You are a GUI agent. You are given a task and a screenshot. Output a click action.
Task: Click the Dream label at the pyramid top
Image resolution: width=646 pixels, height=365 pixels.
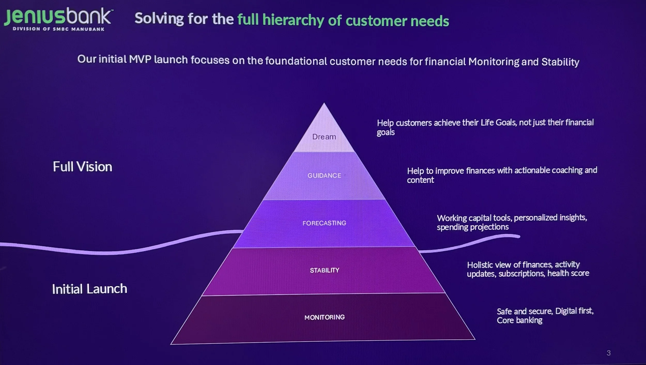(x=324, y=137)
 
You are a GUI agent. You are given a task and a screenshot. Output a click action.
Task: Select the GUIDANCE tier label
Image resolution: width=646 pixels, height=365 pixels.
(x=324, y=176)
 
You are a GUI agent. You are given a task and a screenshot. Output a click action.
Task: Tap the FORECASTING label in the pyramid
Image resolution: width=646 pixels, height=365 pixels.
(x=324, y=223)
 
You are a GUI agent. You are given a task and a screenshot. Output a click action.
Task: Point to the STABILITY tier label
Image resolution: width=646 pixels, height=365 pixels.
(x=325, y=270)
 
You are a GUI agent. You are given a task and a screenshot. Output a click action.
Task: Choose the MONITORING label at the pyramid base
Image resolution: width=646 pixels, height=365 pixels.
(x=325, y=317)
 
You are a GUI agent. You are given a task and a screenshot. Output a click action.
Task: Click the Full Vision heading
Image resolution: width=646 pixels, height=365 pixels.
(x=82, y=167)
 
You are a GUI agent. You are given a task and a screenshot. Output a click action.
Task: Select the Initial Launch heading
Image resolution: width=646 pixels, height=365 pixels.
(x=89, y=289)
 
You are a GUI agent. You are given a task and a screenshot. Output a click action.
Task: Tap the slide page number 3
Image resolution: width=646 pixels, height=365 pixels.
(x=609, y=353)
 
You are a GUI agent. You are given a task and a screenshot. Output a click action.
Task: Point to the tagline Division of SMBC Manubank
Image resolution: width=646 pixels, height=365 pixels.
(x=59, y=29)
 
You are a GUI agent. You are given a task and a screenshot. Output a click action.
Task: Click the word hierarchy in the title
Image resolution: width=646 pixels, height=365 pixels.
(x=293, y=20)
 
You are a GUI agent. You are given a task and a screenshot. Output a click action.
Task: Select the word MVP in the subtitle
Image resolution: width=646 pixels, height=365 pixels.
(x=140, y=59)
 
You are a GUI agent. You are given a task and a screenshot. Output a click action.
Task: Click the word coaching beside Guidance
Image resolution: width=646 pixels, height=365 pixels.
(x=567, y=170)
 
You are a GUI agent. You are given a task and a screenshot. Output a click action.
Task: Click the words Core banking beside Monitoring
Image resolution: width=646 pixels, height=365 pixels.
(x=519, y=320)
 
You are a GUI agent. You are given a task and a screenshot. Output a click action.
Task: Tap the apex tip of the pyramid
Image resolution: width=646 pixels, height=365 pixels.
(x=324, y=104)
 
